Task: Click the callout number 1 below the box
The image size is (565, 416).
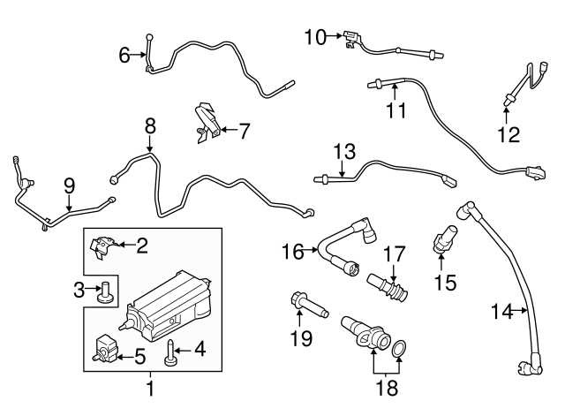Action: (149, 387)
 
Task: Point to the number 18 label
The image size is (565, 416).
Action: (387, 387)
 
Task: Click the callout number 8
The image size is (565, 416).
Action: (149, 126)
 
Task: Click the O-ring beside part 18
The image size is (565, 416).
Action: (400, 351)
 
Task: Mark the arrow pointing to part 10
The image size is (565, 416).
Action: (335, 36)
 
